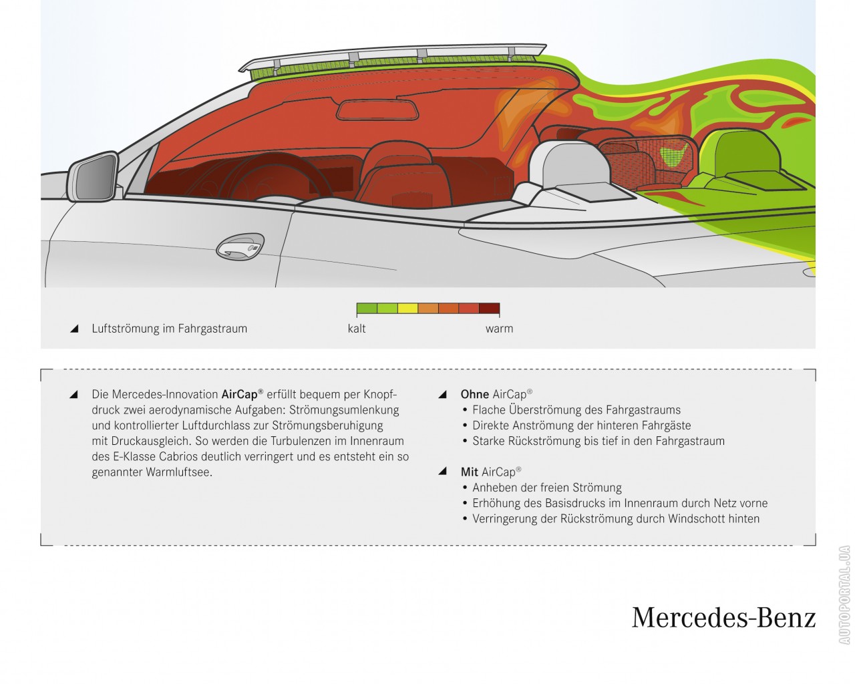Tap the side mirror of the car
pos(94,178)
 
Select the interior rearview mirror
pos(377,110)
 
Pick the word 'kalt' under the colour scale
pos(357,329)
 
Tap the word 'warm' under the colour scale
pos(499,329)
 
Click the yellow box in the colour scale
pos(407,309)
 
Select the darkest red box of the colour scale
pos(489,309)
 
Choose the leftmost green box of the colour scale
pos(367,309)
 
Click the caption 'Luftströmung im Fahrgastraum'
pos(170,329)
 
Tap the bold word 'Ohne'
pos(474,394)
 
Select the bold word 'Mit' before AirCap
pos(469,472)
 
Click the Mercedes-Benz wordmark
pos(723,617)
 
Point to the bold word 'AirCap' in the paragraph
pos(240,394)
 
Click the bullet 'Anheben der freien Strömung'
pos(546,488)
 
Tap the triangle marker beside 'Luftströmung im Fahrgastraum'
pos(74,329)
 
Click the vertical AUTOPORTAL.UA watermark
pos(844,595)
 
